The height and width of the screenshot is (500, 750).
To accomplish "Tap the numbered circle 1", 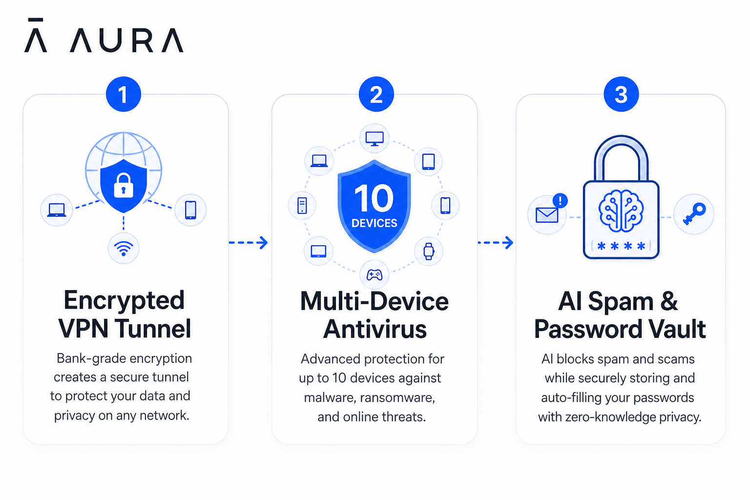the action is (123, 94).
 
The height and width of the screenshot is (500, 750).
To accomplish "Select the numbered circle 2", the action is (376, 94).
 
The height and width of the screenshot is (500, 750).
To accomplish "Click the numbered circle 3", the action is (621, 94).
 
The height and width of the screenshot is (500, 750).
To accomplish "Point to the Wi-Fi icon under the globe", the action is (124, 249).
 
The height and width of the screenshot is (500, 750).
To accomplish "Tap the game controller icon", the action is (375, 275).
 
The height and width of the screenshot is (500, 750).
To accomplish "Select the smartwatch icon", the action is (429, 251).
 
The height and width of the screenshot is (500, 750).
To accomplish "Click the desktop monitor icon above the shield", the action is (375, 139).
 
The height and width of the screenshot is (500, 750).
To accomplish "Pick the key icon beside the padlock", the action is (694, 214).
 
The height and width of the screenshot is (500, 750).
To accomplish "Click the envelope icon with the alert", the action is (547, 215).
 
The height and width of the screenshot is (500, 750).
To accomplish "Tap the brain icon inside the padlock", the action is (621, 210).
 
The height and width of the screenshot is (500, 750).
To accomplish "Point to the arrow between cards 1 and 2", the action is (248, 243).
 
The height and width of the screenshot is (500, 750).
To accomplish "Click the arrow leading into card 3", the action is (496, 243).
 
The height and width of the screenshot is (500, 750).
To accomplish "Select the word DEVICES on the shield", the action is (375, 223).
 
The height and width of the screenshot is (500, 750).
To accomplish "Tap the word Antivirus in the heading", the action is (375, 329).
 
